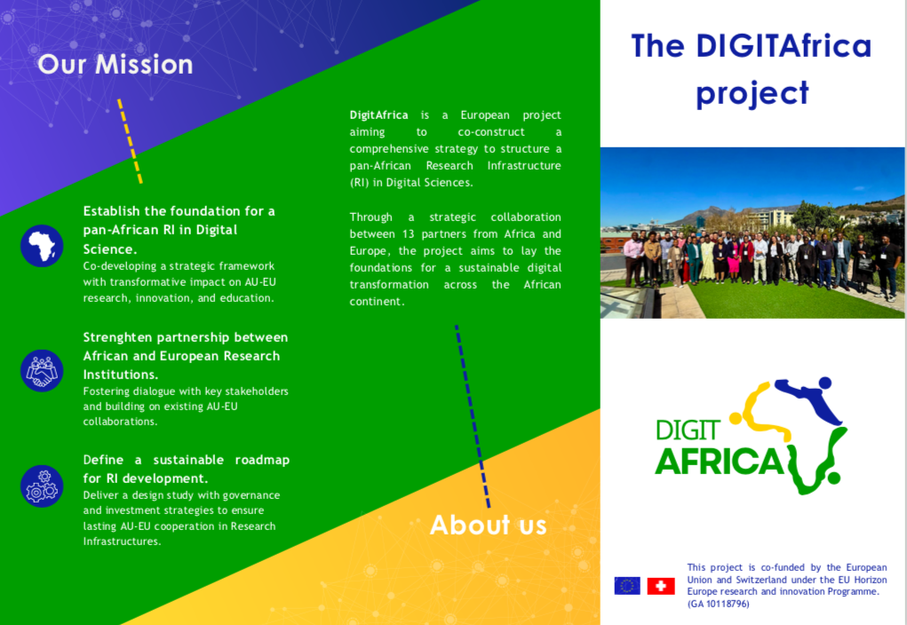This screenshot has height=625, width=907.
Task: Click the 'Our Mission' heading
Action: pos(115,64)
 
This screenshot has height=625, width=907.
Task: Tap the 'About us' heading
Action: pos(489,525)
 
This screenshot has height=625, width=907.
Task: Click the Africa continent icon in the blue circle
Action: pos(42,246)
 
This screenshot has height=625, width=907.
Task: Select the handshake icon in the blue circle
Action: pos(42,370)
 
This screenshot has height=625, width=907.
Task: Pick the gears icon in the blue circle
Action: pos(42,487)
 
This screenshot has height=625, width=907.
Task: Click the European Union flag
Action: pos(627,586)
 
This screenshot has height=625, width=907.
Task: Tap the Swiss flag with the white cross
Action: pos(661,586)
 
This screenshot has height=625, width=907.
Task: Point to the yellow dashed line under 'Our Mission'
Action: pos(131,141)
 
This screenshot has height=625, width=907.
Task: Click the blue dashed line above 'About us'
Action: pos(473,416)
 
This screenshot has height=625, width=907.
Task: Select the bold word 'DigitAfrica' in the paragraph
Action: pos(379,115)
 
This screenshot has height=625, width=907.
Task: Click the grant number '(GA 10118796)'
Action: pos(718,605)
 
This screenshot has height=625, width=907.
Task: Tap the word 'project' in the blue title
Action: pos(752,94)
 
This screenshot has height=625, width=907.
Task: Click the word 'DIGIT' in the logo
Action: pos(688,431)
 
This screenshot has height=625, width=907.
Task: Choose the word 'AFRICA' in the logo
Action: pos(720,462)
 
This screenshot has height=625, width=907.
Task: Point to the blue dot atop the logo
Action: pos(825,383)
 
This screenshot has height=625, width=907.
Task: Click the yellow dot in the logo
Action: pos(736,418)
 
